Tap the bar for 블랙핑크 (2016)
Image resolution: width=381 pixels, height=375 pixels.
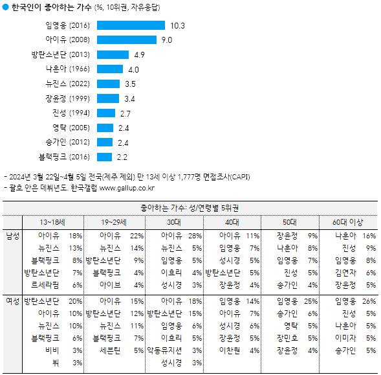point(105,157)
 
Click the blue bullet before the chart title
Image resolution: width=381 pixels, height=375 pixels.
point(6,7)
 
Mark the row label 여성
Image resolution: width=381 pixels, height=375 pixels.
point(12,301)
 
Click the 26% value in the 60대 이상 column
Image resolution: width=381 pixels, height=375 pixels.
point(369,301)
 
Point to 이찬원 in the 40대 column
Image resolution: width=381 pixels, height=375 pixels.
point(230,350)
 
